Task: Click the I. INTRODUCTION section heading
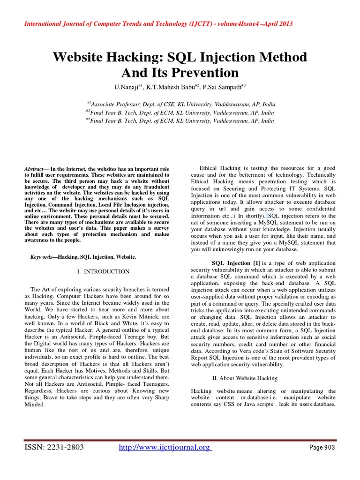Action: [x=103, y=271]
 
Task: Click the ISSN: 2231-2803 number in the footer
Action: [x=54, y=448]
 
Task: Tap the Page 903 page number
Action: [x=323, y=448]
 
